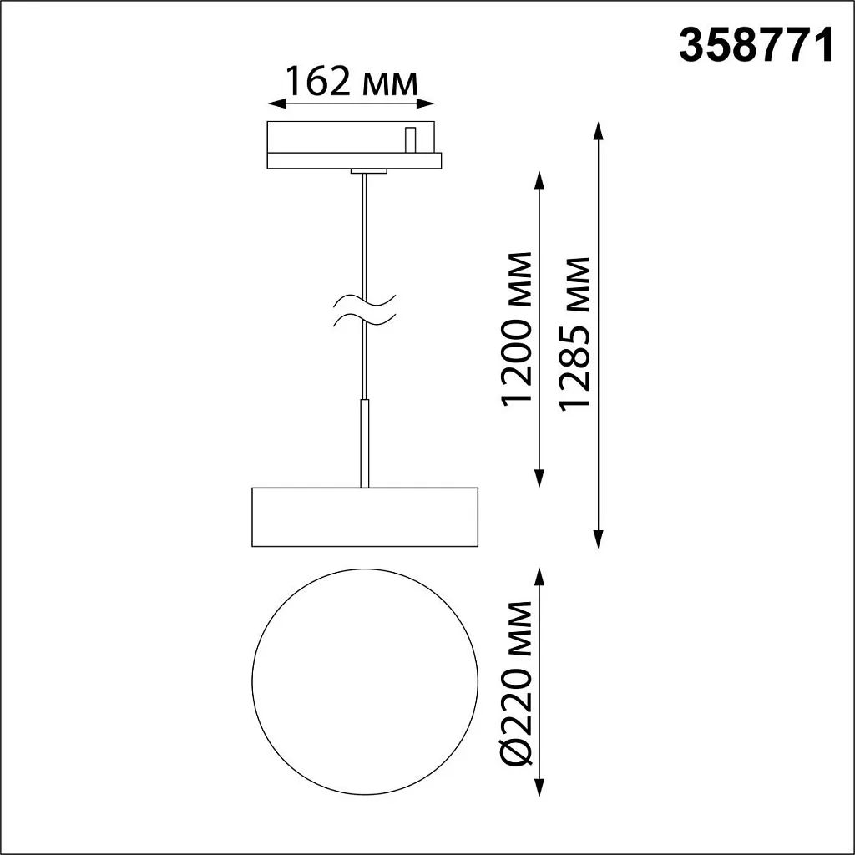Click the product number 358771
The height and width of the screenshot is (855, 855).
tap(756, 46)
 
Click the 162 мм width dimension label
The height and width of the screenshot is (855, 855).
tap(351, 82)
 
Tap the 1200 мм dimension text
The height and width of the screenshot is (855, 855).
tap(518, 326)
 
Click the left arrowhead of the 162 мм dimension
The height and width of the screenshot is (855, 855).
tap(274, 104)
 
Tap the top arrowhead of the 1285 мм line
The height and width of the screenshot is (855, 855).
tap(599, 129)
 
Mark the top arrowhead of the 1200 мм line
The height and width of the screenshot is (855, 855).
tap(539, 179)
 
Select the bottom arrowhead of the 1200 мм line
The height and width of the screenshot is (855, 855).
tap(539, 478)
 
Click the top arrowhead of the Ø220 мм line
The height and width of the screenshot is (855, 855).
tap(539, 576)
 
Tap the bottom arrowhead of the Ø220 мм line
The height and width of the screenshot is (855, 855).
tap(539, 788)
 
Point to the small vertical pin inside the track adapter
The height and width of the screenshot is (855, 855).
tap(410, 139)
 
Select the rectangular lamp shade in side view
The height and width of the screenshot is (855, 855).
tap(364, 517)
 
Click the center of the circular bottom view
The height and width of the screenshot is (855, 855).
tap(365, 682)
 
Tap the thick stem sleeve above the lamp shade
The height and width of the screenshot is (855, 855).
tap(364, 443)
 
